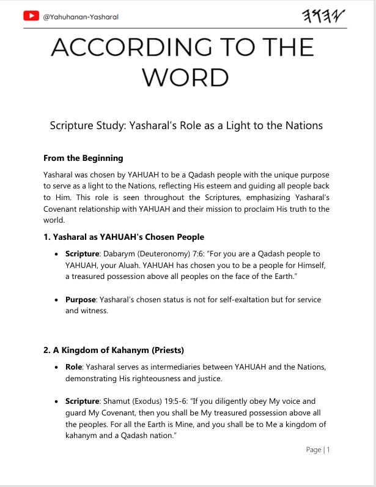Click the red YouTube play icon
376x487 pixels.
point(31,17)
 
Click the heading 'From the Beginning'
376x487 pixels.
point(83,158)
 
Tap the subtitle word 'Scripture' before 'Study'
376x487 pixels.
point(76,126)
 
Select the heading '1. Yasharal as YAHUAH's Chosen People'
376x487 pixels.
point(123,237)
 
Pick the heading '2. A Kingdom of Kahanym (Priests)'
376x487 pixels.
point(114,350)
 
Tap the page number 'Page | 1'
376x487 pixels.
point(318,450)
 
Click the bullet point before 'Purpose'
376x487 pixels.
point(57,300)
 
